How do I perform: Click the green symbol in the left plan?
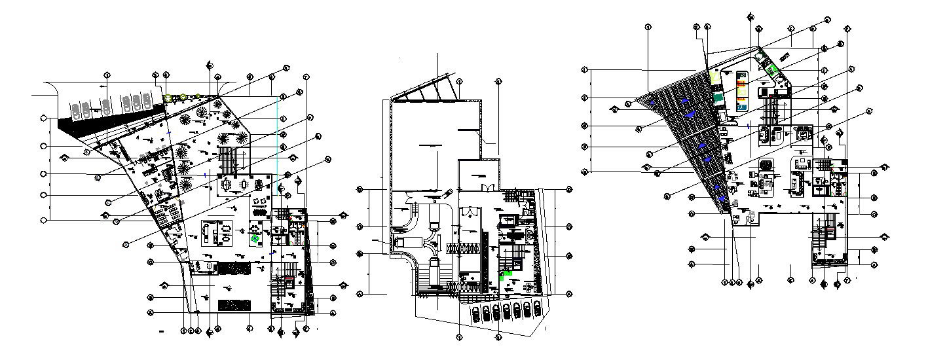[x=254, y=240]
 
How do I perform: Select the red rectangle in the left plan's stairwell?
[x=287, y=281]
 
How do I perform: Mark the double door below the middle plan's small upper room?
[x=486, y=189]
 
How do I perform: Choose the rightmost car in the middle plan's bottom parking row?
[x=537, y=311]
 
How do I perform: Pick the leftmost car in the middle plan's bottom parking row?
[x=475, y=314]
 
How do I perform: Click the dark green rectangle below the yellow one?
[x=718, y=98]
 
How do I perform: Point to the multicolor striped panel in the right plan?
[x=742, y=90]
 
